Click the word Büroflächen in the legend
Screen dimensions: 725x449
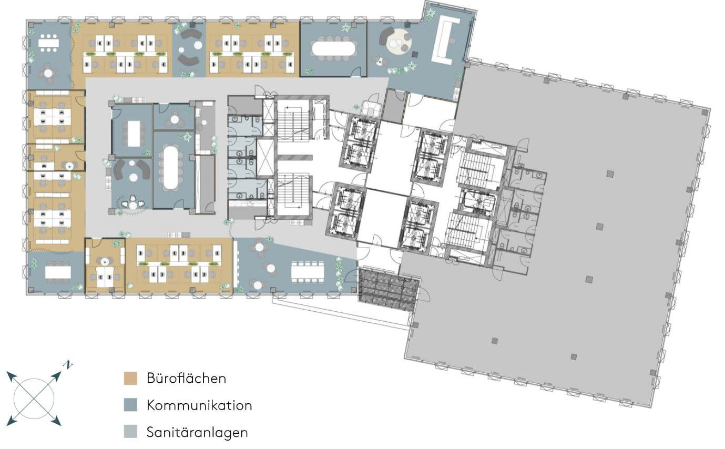pos(186,378)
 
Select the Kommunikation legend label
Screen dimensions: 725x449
pos(199,405)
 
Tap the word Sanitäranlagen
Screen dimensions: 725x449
pos(197,432)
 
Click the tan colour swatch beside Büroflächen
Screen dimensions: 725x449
pos(130,378)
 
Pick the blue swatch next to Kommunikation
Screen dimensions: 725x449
pos(130,405)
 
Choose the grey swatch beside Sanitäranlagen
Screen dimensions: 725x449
pos(130,432)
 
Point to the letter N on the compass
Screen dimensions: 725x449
pos(68,365)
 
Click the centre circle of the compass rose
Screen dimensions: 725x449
pos(34,399)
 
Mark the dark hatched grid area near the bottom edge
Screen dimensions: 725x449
pos(389,289)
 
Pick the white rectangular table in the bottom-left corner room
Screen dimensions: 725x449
pos(58,272)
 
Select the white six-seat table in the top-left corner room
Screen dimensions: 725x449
pos(48,43)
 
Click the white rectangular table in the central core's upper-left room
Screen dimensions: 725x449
pos(134,133)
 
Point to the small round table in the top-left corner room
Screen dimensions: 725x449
pos(48,73)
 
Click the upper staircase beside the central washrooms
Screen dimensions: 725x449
pos(293,121)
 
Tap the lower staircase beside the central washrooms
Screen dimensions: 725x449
pos(293,194)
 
